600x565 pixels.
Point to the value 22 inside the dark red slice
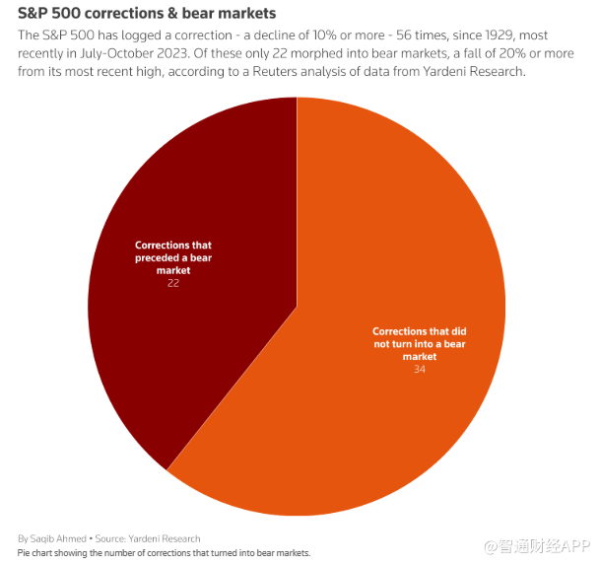[x=172, y=283]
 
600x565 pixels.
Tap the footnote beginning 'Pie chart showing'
[x=164, y=553]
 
